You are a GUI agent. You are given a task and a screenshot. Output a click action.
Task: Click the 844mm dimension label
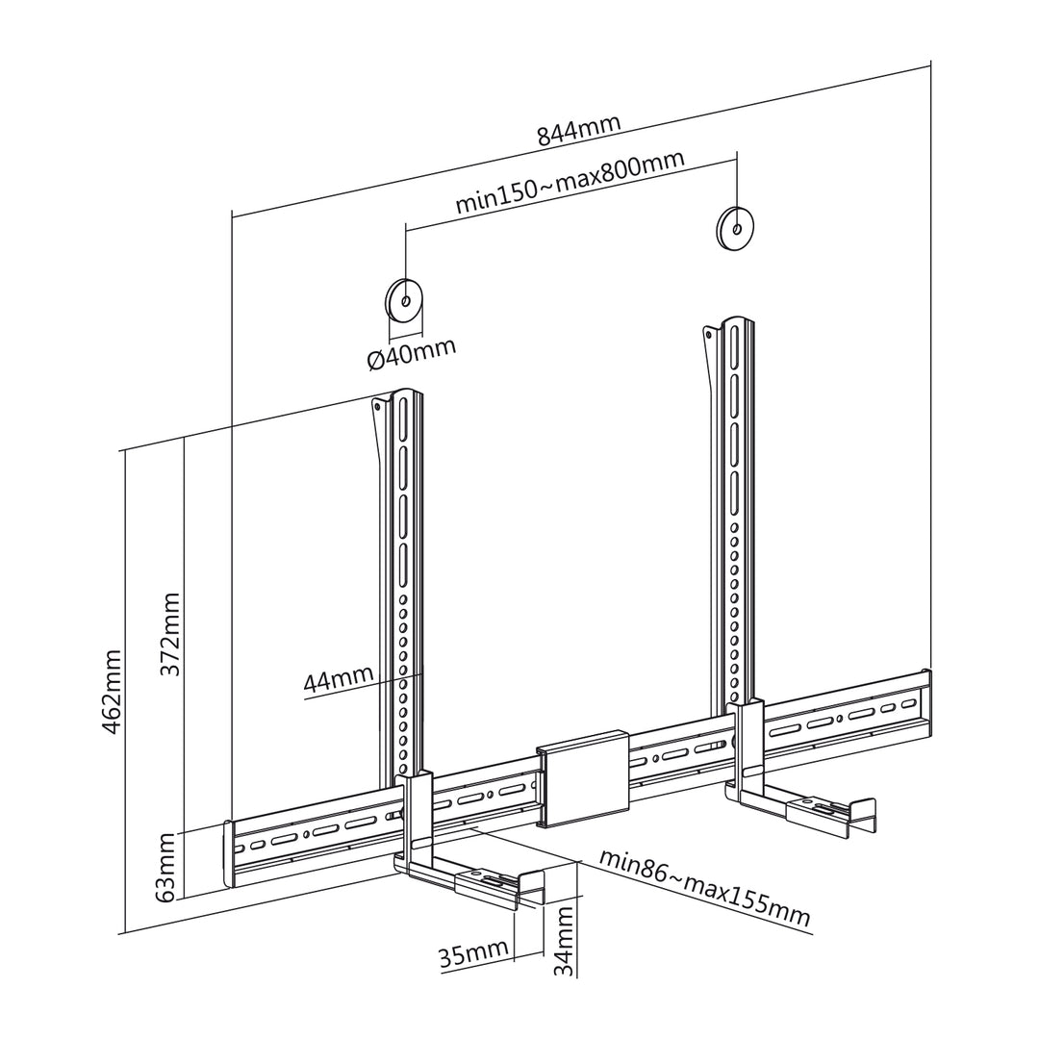578,131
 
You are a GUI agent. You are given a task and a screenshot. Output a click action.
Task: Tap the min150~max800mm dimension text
570,182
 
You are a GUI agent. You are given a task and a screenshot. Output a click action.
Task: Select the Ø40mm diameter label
412,355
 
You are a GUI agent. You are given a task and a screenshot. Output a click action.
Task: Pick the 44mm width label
338,678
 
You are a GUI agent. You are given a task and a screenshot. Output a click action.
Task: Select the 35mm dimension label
473,954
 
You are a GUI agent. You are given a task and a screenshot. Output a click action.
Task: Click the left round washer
403,301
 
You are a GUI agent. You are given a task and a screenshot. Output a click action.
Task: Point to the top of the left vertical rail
406,395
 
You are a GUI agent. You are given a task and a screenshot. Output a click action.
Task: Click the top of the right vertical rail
736,320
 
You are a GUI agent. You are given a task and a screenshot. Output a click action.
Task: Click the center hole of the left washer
407,301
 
